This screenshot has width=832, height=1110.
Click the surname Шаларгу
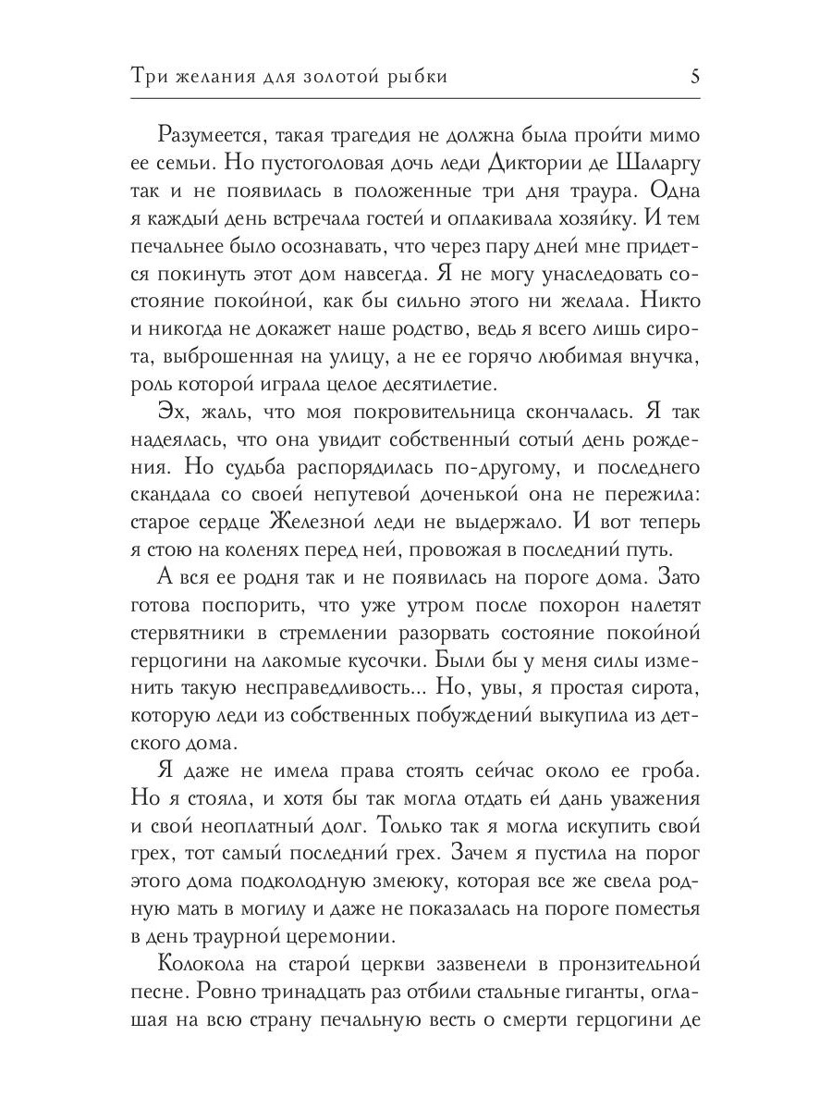pos(658,164)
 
